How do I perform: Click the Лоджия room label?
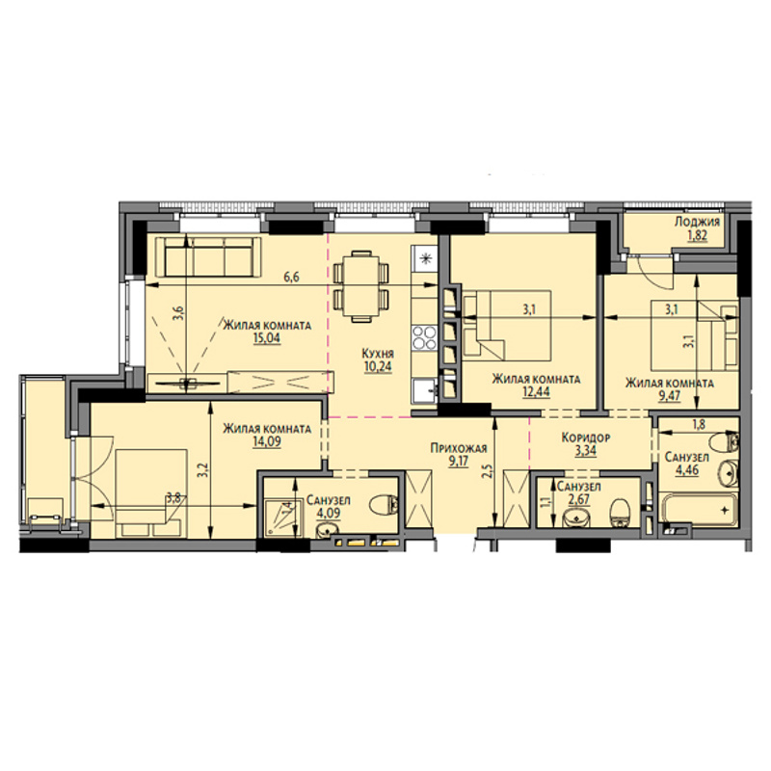[697, 222]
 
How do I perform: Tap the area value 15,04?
[267, 338]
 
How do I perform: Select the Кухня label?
[378, 354]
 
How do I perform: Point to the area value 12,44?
[536, 392]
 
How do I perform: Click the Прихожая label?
[459, 448]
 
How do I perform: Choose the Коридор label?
[586, 438]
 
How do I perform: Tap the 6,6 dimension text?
[291, 278]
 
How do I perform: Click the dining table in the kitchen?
[360, 286]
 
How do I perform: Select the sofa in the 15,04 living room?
[208, 256]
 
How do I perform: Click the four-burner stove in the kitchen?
[424, 337]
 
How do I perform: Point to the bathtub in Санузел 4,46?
[699, 509]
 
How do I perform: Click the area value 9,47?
[669, 396]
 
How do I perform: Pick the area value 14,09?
[267, 441]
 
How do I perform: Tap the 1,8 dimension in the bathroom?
[699, 425]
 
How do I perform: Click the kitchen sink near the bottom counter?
[424, 391]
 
